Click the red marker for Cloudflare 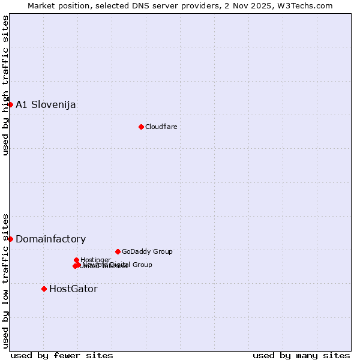point(141,127)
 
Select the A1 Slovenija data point point(10,104)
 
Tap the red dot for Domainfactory point(10,239)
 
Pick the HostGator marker point(44,289)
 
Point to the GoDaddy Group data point point(118,251)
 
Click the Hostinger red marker point(76,260)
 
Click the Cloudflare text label point(161,127)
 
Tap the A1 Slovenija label point(46,105)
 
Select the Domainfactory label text point(50,239)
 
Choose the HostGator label point(73,289)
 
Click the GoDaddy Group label point(147,252)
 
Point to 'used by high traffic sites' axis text point(5,85)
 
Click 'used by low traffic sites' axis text point(5,280)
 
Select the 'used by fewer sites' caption point(62,356)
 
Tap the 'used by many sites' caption point(301,356)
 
